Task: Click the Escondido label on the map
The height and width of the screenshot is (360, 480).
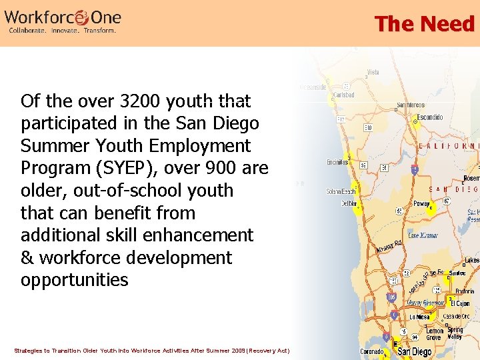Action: click(x=429, y=117)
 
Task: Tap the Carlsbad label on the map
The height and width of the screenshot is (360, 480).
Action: click(x=344, y=95)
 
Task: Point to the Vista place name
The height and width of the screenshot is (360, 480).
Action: click(x=373, y=73)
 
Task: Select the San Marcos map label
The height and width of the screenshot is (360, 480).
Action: click(x=411, y=105)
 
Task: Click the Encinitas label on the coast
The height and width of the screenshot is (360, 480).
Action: click(x=337, y=162)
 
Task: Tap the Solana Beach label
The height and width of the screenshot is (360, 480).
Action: click(x=341, y=192)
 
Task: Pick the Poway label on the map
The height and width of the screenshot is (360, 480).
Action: click(x=421, y=204)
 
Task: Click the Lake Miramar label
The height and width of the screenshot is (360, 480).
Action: click(x=423, y=235)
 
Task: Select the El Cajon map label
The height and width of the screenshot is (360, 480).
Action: click(x=461, y=304)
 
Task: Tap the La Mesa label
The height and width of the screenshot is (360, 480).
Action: click(x=419, y=317)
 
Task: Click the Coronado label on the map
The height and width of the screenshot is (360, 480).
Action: click(x=371, y=352)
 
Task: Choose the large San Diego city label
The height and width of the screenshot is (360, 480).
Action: click(x=414, y=351)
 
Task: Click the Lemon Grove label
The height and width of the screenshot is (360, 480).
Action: click(x=435, y=334)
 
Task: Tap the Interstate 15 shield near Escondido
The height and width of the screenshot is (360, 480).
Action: click(x=415, y=169)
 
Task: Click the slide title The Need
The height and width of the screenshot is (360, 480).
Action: click(x=424, y=24)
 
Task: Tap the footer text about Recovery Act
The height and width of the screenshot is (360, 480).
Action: click(x=152, y=350)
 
